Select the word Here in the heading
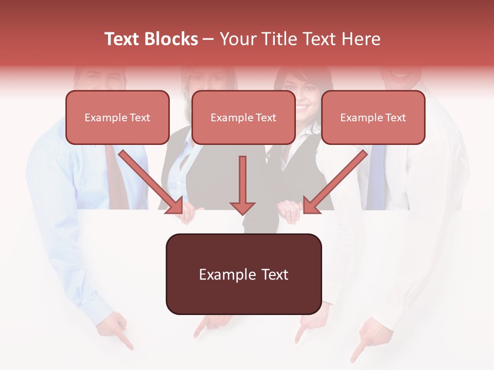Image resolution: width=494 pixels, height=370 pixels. pyautogui.click(x=362, y=39)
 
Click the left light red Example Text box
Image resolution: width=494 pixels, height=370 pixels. pyautogui.click(x=117, y=118)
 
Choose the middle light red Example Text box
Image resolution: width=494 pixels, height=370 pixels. pyautogui.click(x=243, y=118)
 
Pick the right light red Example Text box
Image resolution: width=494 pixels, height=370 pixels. pyautogui.click(x=373, y=118)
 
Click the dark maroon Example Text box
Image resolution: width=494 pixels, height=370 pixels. pyautogui.click(x=243, y=274)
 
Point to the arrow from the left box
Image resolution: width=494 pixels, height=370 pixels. pyautogui.click(x=152, y=182)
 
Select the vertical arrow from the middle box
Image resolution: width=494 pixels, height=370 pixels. pyautogui.click(x=242, y=185)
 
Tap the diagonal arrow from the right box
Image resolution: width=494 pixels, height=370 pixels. pyautogui.click(x=335, y=182)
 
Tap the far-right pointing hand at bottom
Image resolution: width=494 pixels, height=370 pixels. pyautogui.click(x=363, y=339)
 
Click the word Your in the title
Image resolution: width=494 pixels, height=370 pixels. pyautogui.click(x=237, y=39)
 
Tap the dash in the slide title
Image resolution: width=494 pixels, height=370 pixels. pyautogui.click(x=208, y=39)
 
